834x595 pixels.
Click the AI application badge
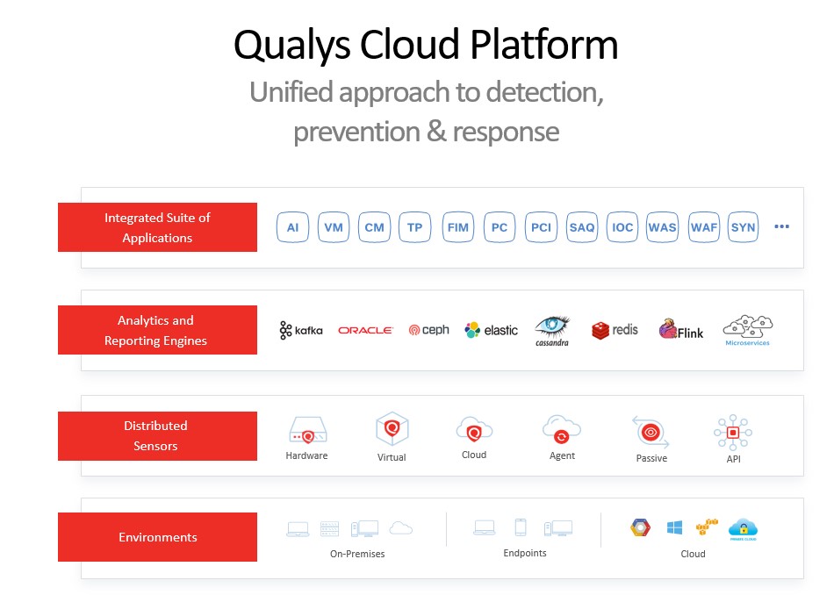(292, 227)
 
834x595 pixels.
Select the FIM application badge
(457, 227)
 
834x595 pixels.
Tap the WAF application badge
(703, 227)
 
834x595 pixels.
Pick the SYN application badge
(744, 227)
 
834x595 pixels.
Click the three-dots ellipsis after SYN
(781, 226)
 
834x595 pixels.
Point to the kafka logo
(301, 330)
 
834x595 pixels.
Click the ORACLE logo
(365, 330)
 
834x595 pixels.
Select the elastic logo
(491, 330)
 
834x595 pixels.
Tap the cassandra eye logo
(552, 327)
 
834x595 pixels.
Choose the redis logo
(615, 330)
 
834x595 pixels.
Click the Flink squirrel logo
(681, 330)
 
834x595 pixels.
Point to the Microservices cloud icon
(747, 327)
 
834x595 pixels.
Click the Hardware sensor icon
(307, 431)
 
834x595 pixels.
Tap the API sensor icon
(732, 432)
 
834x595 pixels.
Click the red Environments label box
(158, 537)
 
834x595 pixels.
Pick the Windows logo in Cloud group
(674, 527)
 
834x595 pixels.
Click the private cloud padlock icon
(743, 528)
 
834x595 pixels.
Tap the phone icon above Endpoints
(521, 527)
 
